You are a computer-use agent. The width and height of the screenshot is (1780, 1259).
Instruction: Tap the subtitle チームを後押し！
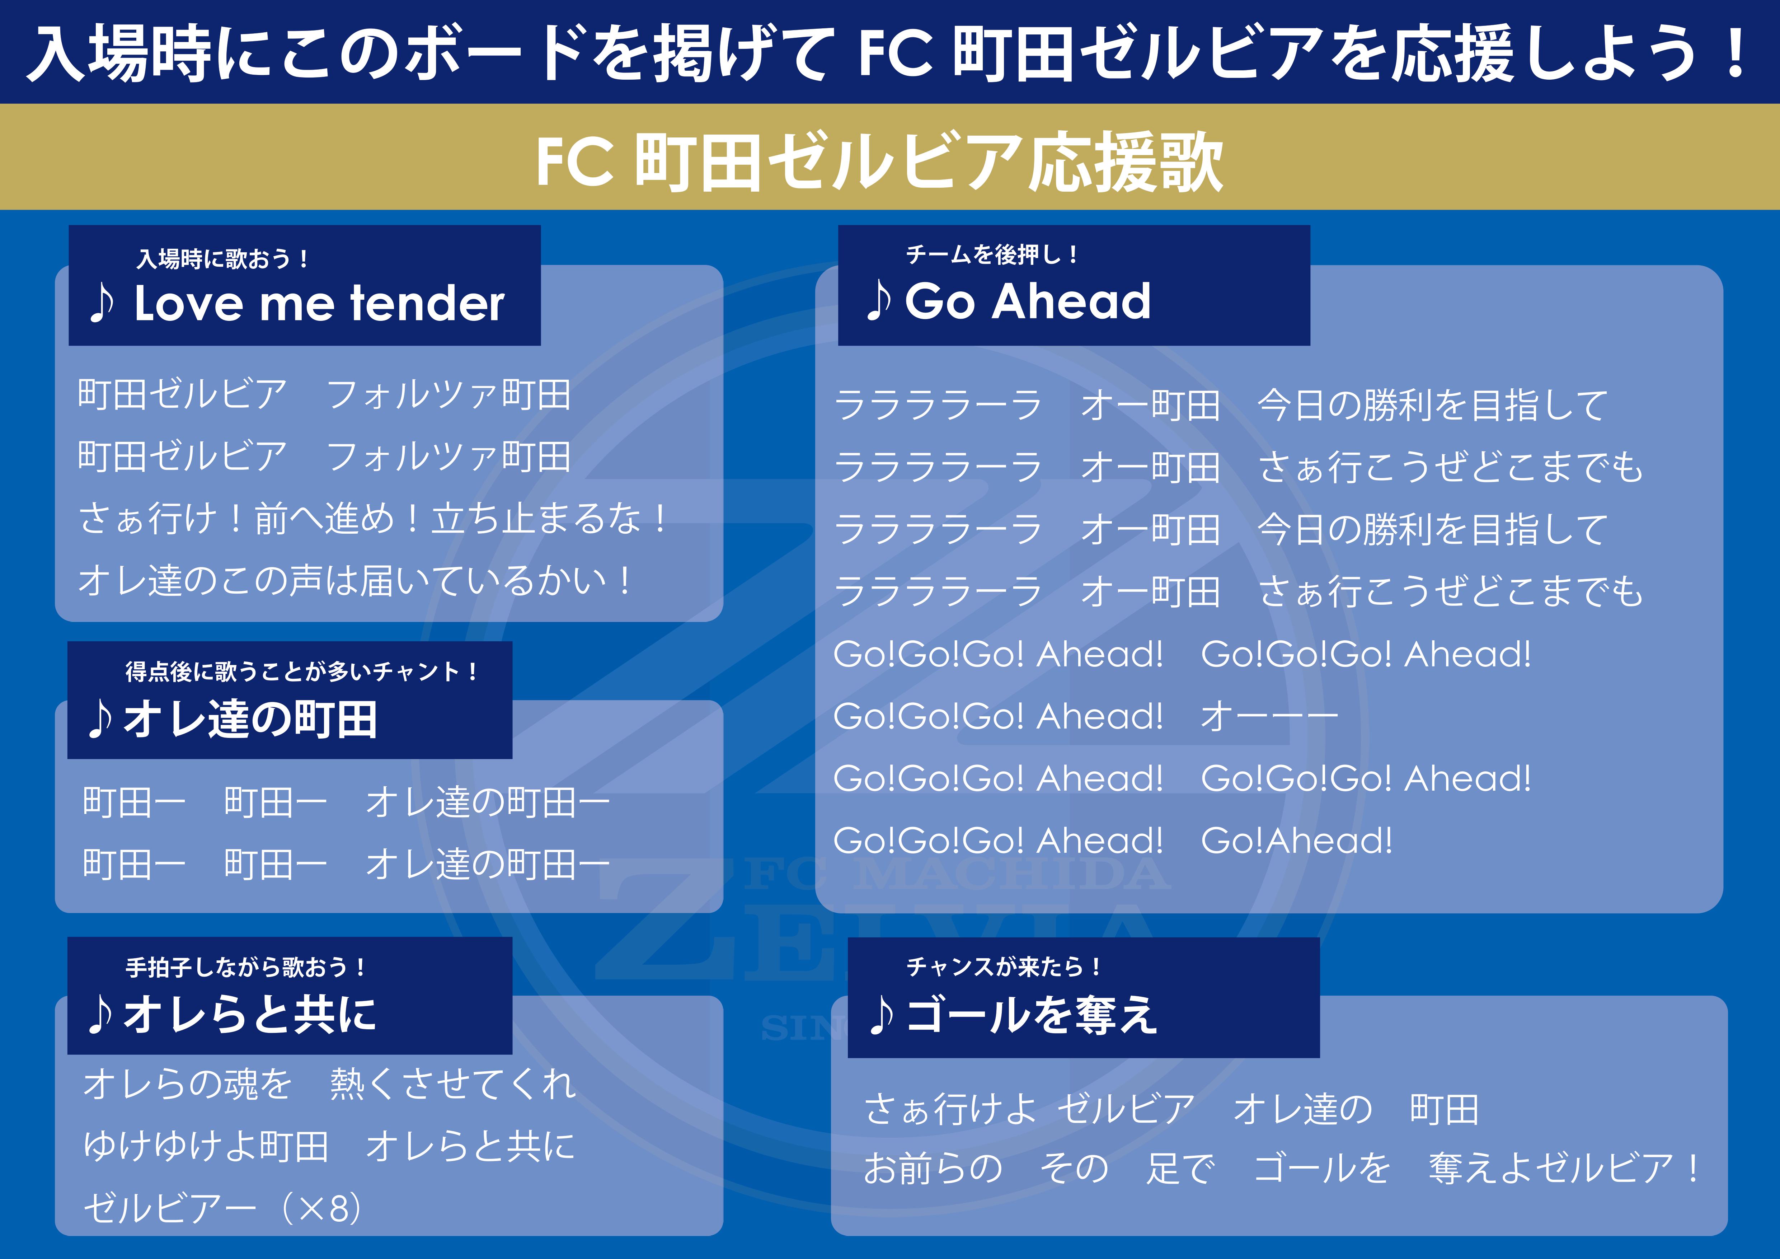(x=992, y=254)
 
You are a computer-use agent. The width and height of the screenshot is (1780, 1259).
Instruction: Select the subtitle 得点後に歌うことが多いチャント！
(x=302, y=671)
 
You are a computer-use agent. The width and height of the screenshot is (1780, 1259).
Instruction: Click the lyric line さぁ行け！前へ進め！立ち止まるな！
(x=374, y=518)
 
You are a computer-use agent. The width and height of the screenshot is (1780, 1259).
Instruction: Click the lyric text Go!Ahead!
(x=1296, y=841)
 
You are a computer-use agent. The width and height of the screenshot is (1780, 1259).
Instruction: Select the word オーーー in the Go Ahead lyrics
(x=1269, y=716)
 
